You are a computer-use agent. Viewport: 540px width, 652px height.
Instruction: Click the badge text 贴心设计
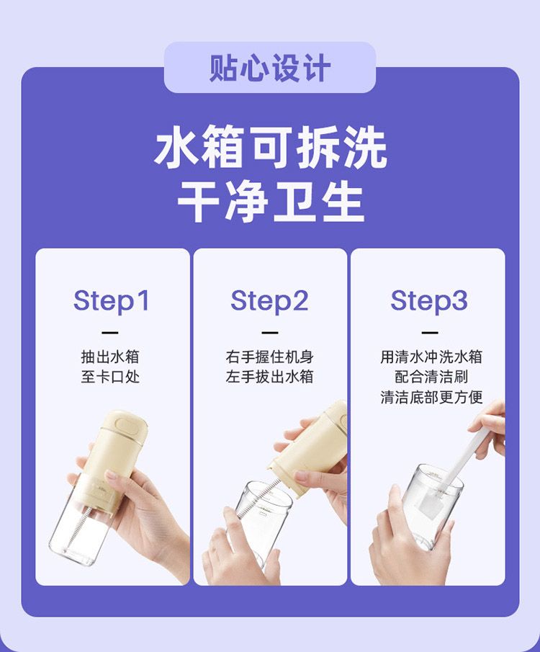[270, 68]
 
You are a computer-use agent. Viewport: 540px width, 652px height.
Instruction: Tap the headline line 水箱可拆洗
[270, 147]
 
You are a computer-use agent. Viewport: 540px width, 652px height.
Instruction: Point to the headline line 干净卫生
[270, 202]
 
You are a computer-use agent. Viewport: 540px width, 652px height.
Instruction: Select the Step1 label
[111, 301]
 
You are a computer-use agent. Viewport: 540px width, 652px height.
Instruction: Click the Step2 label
[269, 301]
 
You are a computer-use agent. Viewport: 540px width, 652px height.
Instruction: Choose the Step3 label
[429, 301]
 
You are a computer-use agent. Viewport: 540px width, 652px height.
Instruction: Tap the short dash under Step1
[110, 333]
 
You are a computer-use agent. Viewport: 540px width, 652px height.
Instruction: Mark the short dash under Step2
[270, 333]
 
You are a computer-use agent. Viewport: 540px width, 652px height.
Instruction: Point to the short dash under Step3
[430, 333]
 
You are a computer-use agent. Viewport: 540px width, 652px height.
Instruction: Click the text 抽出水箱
[110, 357]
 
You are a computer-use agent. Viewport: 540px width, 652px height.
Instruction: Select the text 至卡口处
[110, 377]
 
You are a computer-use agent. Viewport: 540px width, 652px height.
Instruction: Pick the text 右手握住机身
[270, 357]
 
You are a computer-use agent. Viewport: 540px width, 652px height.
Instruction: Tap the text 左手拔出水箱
[270, 377]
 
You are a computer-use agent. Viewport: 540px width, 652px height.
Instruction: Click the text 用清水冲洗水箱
[431, 357]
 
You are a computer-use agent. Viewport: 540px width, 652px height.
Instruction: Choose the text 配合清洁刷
[431, 377]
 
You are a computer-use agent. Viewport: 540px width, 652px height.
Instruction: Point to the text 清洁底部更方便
[431, 397]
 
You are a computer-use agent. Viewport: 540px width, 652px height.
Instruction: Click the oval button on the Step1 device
[128, 425]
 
